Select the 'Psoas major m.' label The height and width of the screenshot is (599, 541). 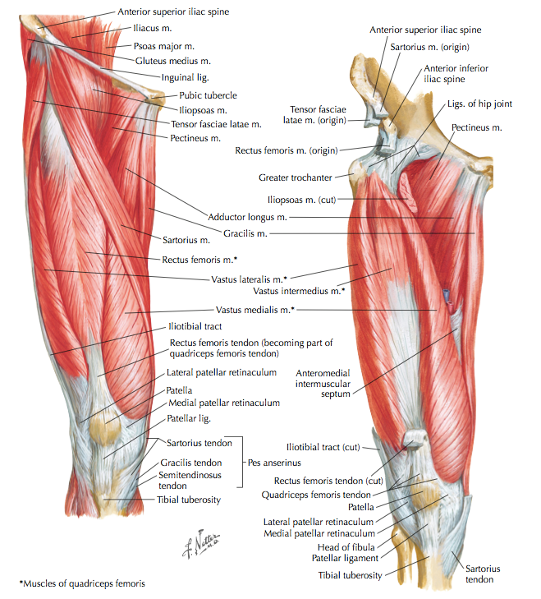pos(164,46)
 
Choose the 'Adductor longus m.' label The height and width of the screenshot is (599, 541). pos(246,217)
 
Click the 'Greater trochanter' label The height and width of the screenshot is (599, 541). pos(295,177)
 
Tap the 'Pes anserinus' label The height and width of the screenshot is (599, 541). pos(274,463)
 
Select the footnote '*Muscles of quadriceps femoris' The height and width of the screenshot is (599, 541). pos(82,583)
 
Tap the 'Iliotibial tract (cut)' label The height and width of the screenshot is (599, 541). pos(326,446)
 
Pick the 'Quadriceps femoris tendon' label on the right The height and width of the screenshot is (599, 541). pos(316,495)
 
